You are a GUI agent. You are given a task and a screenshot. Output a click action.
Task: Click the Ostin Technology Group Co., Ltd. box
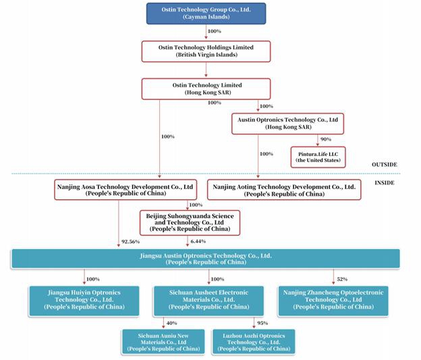pyautogui.click(x=206, y=14)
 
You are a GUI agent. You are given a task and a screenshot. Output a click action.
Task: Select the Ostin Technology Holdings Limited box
pyautogui.click(x=206, y=51)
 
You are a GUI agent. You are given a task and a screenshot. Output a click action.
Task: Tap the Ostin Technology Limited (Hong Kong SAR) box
pyautogui.click(x=206, y=89)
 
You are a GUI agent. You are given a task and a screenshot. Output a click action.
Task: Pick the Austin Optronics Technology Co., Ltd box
pyautogui.click(x=287, y=124)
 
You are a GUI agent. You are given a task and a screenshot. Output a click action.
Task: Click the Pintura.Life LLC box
pyautogui.click(x=318, y=157)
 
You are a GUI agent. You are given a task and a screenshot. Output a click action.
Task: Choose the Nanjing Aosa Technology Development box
pyautogui.click(x=125, y=190)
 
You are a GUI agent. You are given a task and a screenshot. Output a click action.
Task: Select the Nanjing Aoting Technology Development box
pyautogui.click(x=284, y=190)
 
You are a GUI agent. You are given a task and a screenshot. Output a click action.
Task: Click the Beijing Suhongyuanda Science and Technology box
pyautogui.click(x=190, y=223)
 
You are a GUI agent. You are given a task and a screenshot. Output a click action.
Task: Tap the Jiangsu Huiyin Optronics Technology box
pyautogui.click(x=84, y=301)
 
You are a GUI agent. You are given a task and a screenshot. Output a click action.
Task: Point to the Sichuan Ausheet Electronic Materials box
pyautogui.click(x=208, y=301)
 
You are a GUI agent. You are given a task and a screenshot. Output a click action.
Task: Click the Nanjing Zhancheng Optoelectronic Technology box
pyautogui.click(x=333, y=301)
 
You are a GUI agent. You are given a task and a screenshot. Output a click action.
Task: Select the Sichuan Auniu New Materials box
pyautogui.click(x=163, y=342)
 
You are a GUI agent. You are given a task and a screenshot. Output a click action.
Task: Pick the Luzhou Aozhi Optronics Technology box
pyautogui.click(x=254, y=342)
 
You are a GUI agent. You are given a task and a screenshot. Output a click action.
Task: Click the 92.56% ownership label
pyautogui.click(x=130, y=242)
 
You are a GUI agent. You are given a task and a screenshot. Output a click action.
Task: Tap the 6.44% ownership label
pyautogui.click(x=198, y=241)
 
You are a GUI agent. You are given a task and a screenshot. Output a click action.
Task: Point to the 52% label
pyautogui.click(x=342, y=280)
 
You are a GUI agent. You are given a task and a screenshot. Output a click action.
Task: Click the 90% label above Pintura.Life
pyautogui.click(x=326, y=139)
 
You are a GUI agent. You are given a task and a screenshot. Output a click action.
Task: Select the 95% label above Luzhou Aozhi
pyautogui.click(x=262, y=323)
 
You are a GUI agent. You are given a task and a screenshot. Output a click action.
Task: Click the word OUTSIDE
pyautogui.click(x=384, y=165)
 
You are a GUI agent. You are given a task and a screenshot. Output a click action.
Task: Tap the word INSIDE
pyautogui.click(x=385, y=183)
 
